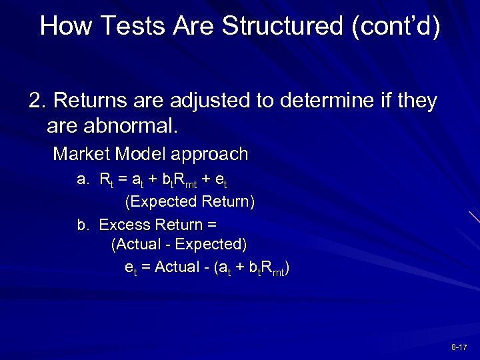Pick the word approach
coord(209,155)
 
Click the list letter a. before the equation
coord(83,179)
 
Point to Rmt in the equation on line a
coord(190,180)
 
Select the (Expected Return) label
coord(190,201)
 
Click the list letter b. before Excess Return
coord(83,224)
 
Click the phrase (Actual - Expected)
coord(179,245)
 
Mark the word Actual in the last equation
coord(176,267)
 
